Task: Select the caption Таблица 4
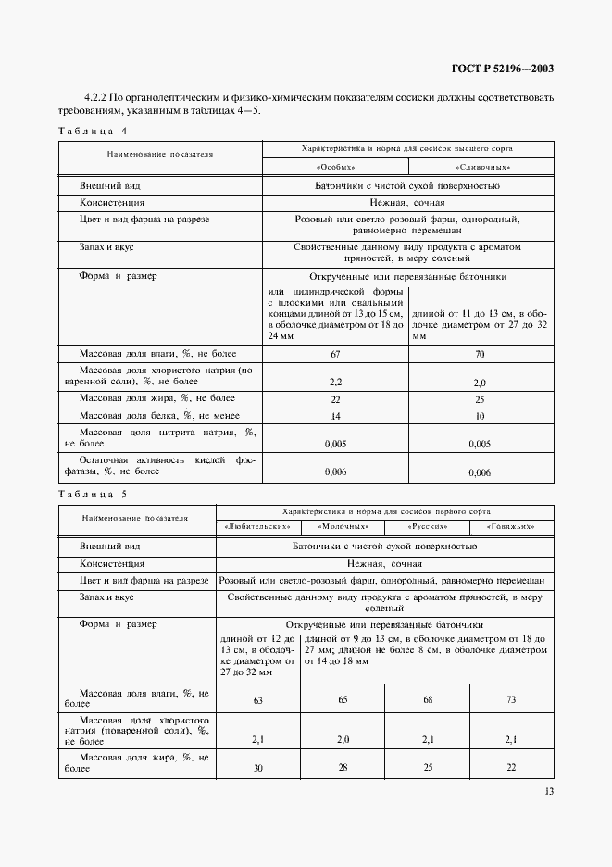92,131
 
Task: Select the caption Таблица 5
92,495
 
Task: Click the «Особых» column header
336,166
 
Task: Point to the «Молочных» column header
342,526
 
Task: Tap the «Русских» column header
428,526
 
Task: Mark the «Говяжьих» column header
512,526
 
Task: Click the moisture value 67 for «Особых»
336,354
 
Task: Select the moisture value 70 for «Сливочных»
480,354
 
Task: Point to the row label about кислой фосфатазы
157,465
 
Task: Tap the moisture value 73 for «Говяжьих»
512,700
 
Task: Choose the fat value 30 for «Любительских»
257,768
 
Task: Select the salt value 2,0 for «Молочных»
342,739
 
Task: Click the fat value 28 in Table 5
342,768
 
